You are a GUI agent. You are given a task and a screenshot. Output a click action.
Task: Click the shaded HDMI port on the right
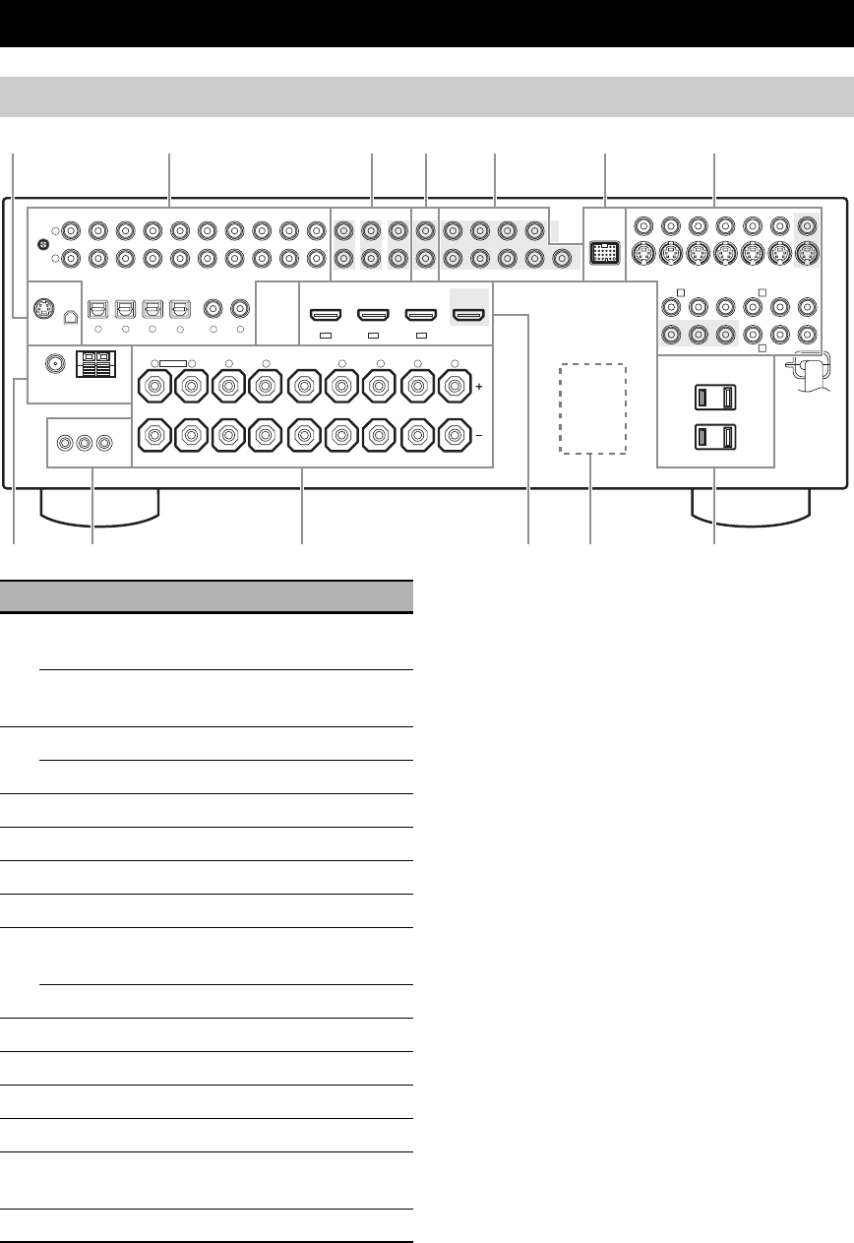pyautogui.click(x=466, y=315)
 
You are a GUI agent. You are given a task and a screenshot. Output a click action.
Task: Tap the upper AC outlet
pyautogui.click(x=715, y=397)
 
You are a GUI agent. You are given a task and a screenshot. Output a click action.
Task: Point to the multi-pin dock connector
pyautogui.click(x=602, y=251)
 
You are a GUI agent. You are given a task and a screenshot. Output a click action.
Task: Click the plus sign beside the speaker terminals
pyautogui.click(x=479, y=388)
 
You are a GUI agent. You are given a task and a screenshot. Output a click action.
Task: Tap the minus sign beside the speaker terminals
pyautogui.click(x=479, y=433)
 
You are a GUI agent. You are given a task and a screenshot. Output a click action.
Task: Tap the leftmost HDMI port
pyautogui.click(x=325, y=315)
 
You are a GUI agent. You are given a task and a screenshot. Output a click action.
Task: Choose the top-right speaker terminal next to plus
pyautogui.click(x=454, y=387)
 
